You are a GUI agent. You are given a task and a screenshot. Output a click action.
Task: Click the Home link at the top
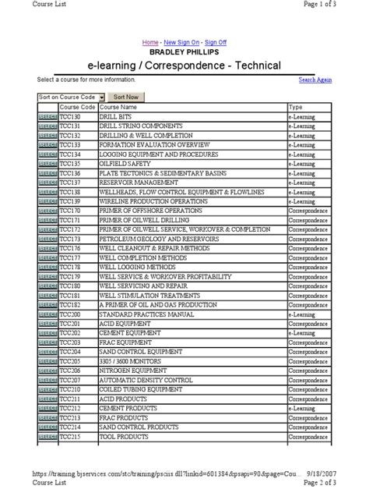point(149,41)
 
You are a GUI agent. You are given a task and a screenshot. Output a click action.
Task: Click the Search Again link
point(315,80)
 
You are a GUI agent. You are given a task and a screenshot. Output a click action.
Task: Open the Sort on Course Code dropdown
point(101,97)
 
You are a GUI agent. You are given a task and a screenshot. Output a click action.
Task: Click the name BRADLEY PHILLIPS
point(184,51)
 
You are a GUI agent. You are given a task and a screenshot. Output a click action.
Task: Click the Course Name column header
point(118,106)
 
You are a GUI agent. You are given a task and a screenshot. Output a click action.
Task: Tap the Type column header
point(296,106)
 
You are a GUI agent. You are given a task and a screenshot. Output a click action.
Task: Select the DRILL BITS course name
point(114,115)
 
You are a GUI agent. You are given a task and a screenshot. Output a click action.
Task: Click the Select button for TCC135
point(47,164)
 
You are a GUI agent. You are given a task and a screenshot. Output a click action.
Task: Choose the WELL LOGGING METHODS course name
point(132,267)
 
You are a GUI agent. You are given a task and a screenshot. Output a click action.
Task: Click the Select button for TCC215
point(47,437)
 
